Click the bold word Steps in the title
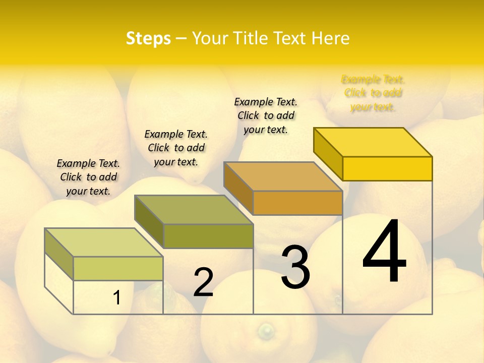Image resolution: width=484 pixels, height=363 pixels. (148, 38)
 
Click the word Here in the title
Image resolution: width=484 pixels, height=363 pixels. (330, 38)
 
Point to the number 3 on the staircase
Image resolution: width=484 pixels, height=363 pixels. (295, 267)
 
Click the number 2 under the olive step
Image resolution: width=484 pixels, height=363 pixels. (203, 282)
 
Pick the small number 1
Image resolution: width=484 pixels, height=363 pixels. (117, 298)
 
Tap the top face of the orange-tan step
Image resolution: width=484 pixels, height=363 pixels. (283, 176)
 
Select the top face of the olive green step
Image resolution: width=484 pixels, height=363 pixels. (194, 209)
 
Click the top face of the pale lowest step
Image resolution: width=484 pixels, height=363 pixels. (104, 243)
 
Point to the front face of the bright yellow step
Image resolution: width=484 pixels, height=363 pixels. (387, 168)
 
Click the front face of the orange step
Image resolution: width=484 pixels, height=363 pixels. (297, 203)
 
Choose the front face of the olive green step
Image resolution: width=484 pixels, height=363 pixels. (208, 236)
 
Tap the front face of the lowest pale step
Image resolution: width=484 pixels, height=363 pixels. (118, 268)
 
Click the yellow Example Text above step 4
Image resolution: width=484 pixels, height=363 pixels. (373, 93)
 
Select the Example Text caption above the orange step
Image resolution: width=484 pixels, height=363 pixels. (266, 115)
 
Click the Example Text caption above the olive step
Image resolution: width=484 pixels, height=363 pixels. (176, 148)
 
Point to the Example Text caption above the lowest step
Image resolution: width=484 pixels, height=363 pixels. (88, 177)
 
